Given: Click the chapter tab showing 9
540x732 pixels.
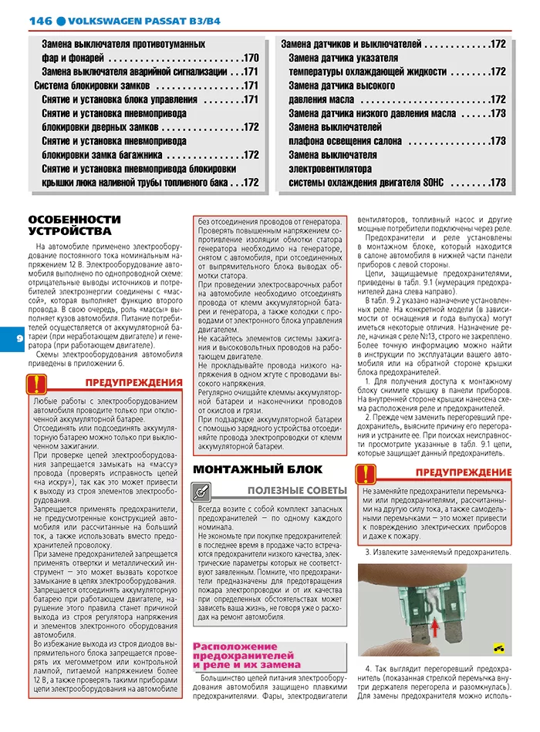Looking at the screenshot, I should pos(9,337).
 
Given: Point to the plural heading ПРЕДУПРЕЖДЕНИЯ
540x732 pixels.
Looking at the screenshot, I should pos(133,382).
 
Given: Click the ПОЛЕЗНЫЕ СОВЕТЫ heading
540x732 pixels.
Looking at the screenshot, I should pos(297,490).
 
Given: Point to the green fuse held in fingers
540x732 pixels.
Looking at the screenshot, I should pos(432,609).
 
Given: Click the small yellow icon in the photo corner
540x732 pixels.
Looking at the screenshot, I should pos(500,648).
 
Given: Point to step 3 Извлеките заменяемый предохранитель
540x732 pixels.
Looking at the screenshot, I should pos(437,552).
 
